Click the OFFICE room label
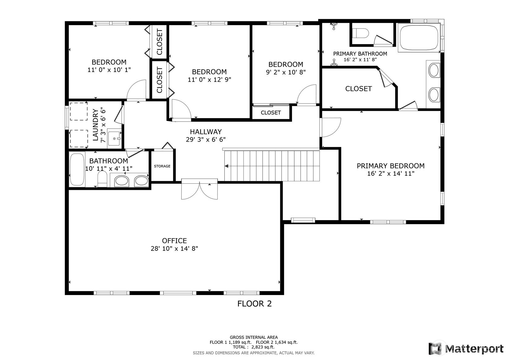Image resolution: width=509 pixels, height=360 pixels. (174, 241)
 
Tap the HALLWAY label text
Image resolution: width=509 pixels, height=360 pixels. (206, 132)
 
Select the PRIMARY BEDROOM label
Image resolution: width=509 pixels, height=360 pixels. (391, 166)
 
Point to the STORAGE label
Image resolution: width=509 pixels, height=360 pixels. (162, 166)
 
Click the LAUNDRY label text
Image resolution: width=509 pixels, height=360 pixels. (96, 125)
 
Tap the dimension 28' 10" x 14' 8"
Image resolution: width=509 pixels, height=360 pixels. (174, 249)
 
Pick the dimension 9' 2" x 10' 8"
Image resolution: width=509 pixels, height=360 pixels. (286, 72)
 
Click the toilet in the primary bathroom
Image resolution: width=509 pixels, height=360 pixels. (361, 33)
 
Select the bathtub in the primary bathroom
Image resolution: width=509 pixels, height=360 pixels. (419, 37)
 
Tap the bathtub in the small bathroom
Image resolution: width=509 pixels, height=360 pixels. (77, 169)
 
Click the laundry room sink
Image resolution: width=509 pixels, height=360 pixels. (114, 138)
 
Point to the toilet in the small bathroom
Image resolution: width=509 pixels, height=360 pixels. (102, 179)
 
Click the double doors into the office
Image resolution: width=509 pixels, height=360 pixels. (199, 189)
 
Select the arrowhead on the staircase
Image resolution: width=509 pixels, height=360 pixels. (226, 166)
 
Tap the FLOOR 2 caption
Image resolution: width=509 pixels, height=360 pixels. (255, 304)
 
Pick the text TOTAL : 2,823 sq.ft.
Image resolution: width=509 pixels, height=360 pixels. (254, 347)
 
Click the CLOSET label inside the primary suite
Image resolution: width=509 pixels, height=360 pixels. (358, 89)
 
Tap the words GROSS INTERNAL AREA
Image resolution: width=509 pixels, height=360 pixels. (254, 337)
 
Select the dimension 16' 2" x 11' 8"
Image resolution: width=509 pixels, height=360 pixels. (360, 60)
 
